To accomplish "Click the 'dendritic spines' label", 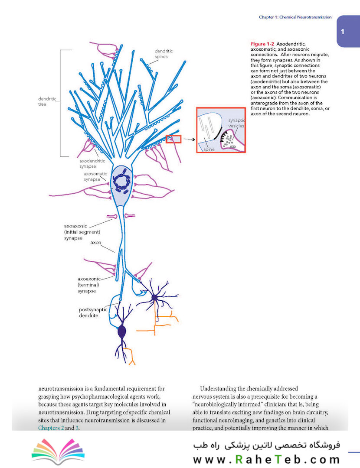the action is [x=164, y=54].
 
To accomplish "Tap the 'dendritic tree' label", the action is [x=47, y=101].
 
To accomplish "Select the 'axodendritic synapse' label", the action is [x=92, y=163].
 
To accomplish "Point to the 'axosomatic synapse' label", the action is [x=95, y=176].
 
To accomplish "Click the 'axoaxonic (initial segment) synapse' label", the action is [x=82, y=232].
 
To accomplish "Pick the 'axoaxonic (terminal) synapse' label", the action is [x=89, y=285].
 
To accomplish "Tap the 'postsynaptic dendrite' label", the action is [x=93, y=312].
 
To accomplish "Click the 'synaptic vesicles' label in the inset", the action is [x=237, y=123].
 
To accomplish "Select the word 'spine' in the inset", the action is [x=209, y=149].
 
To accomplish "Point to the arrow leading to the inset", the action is [x=189, y=139].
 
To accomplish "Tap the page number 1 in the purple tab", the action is [x=342, y=31].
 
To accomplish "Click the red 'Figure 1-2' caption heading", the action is [x=262, y=44].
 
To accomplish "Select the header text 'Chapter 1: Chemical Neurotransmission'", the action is [x=295, y=17].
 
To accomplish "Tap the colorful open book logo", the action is [x=58, y=451].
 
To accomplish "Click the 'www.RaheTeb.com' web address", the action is [x=266, y=459].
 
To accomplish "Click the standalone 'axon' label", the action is [x=95, y=242].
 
